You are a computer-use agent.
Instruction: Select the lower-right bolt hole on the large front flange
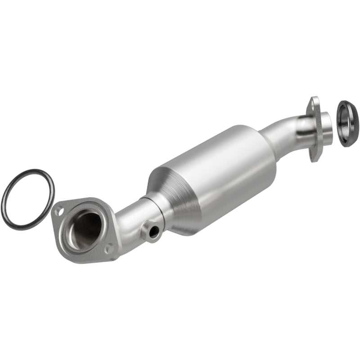pos(109,247)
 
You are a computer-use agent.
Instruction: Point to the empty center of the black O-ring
pos(27,198)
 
